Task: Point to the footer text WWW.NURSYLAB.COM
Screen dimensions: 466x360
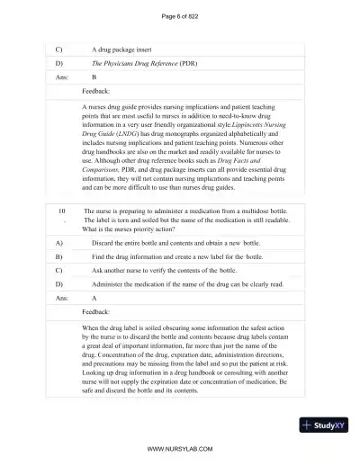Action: [179, 447]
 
